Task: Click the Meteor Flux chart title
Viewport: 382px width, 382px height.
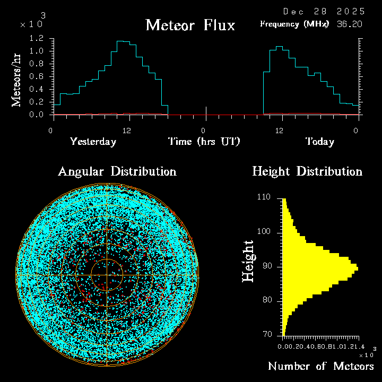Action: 190,25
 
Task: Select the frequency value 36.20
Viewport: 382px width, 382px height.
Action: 350,24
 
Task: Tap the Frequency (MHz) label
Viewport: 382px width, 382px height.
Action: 294,24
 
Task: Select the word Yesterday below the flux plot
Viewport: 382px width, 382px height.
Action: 93,142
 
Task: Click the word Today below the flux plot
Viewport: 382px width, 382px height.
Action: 320,142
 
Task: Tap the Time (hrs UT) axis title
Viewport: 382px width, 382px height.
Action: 204,142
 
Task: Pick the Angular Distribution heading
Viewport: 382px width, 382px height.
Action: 117,171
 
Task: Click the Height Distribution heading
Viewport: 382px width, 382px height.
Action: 307,171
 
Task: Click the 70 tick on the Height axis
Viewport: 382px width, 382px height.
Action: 267,335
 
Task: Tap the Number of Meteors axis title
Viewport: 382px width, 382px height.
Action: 320,366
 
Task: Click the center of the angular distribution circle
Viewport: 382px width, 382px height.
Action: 107,275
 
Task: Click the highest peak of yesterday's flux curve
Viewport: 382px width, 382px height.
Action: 120,41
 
